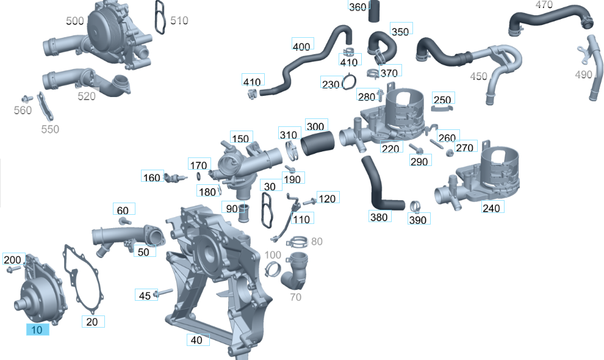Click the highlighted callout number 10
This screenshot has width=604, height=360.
[x=37, y=329]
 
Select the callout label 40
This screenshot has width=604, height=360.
[x=198, y=340]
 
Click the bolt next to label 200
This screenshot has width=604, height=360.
[x=14, y=269]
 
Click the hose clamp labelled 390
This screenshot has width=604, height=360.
[x=415, y=206]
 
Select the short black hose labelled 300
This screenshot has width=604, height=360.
[x=318, y=143]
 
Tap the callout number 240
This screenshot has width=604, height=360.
[x=492, y=207]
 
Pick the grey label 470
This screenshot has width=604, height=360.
[x=544, y=5]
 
